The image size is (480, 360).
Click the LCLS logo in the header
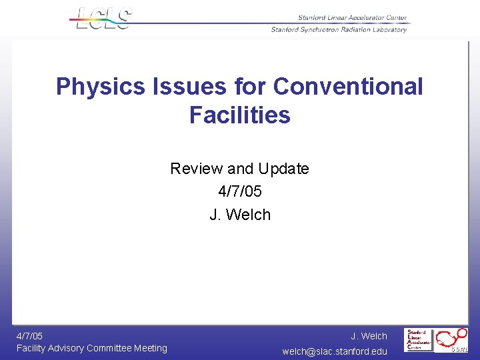pos(103,18)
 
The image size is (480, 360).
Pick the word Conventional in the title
pos(348,87)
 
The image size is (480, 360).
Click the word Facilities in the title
pos(240,115)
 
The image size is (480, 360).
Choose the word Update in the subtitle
pos(283,169)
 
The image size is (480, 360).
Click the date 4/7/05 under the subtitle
pos(240,191)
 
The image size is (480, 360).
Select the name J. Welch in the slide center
pos(240,215)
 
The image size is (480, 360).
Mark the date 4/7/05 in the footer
pos(30,336)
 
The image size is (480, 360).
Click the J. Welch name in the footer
pos(369,336)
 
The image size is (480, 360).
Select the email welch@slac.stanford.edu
pos(335,351)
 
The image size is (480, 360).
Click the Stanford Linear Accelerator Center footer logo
pos(419,339)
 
